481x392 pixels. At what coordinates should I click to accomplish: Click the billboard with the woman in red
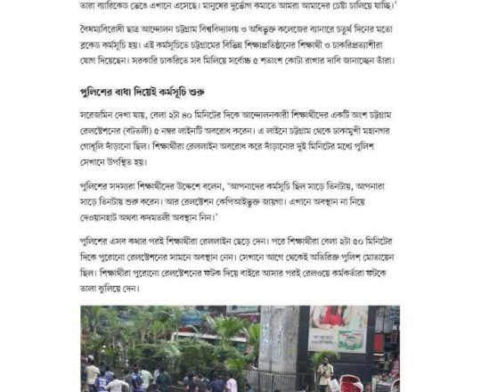[338, 329]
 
